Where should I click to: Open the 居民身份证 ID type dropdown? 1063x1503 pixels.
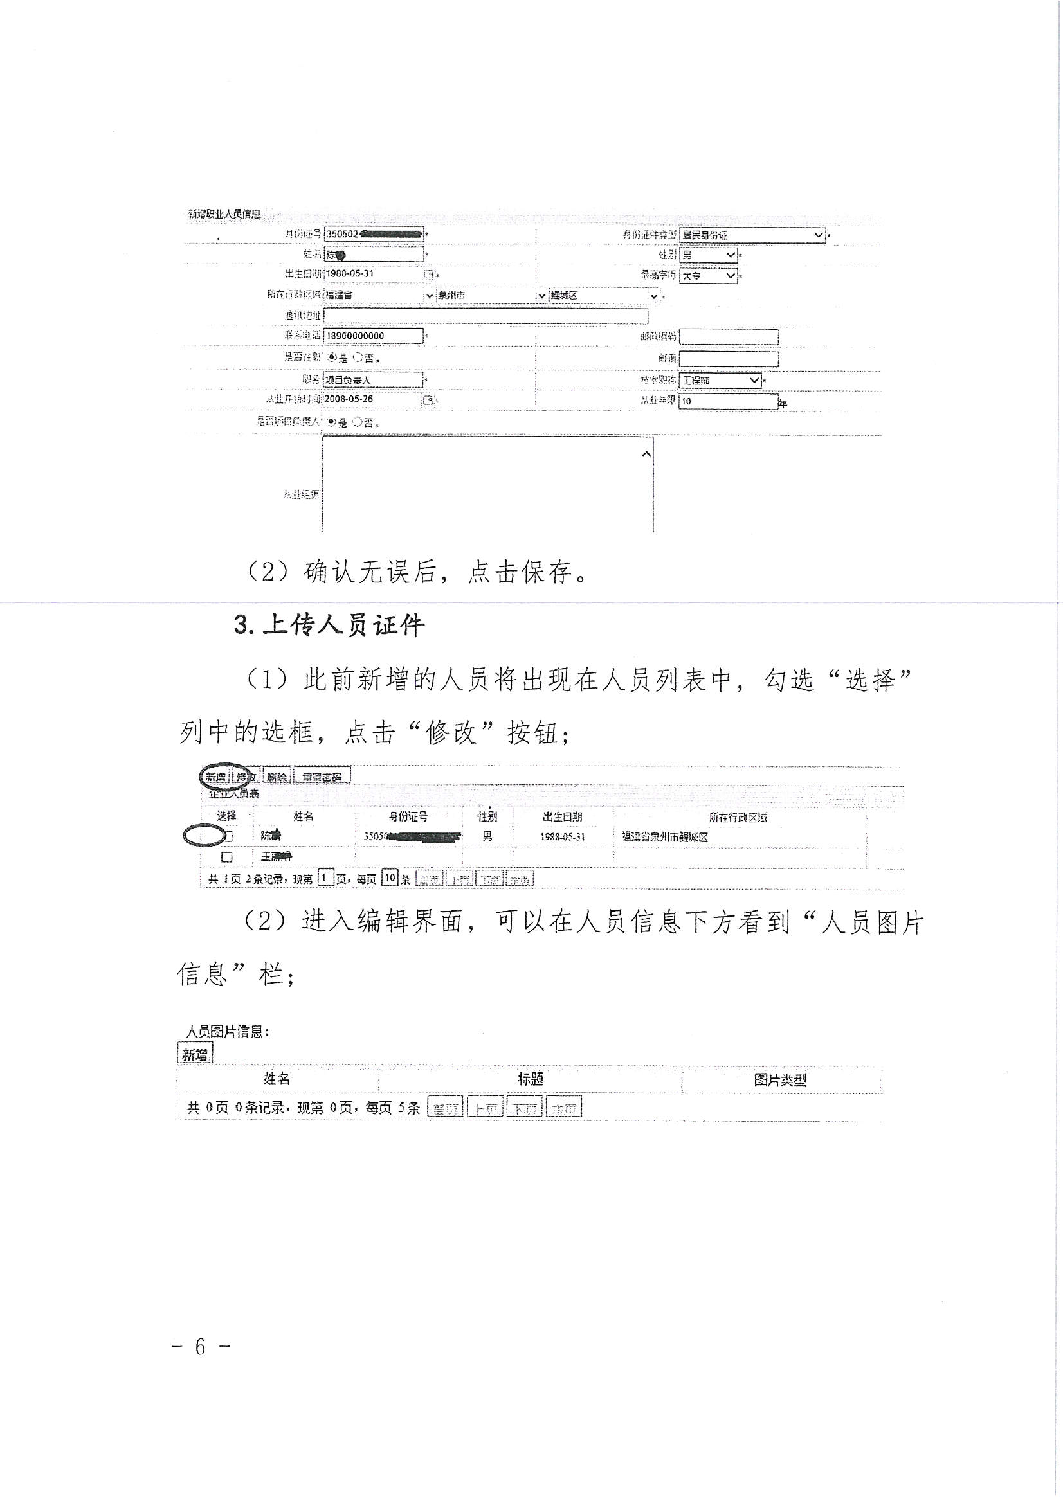click(x=752, y=235)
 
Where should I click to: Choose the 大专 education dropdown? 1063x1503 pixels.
click(x=708, y=276)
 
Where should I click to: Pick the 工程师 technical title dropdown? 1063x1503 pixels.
click(x=720, y=381)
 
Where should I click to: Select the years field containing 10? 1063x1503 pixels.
click(x=728, y=401)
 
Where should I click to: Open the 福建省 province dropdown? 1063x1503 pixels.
click(x=379, y=296)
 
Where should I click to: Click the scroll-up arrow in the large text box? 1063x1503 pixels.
click(x=646, y=454)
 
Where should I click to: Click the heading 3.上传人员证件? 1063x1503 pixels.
click(x=329, y=625)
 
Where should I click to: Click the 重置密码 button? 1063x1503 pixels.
click(x=322, y=777)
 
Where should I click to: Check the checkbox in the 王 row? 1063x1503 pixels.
click(x=226, y=857)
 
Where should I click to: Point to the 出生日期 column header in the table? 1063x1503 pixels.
click(x=562, y=817)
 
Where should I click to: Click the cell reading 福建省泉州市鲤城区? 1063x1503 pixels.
click(x=665, y=837)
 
